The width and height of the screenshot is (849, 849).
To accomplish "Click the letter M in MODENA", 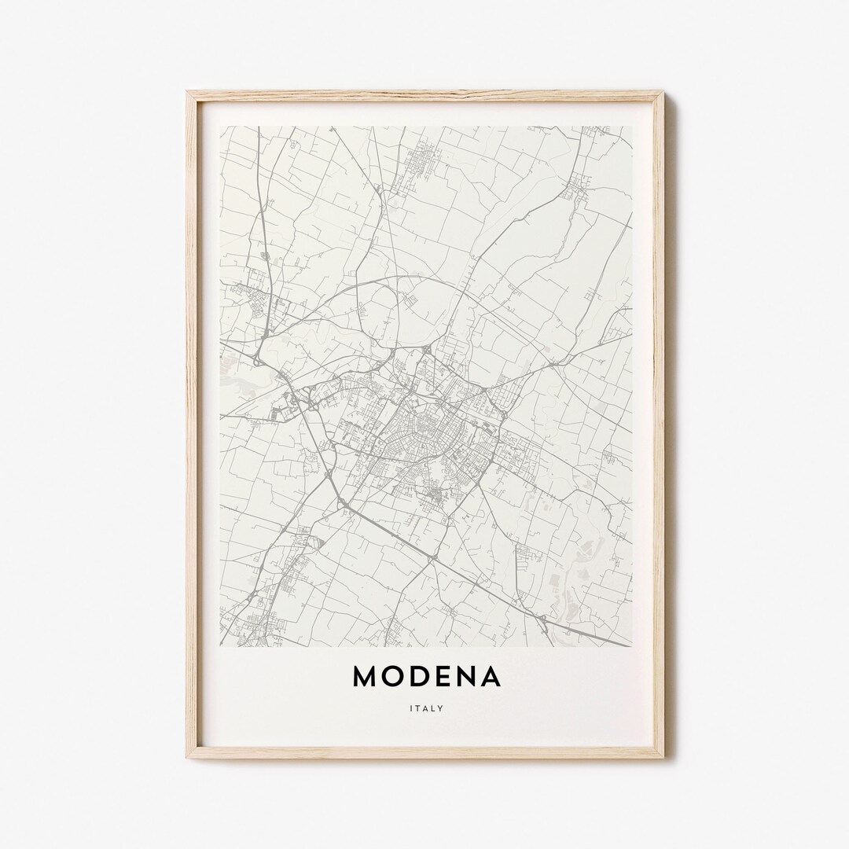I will coord(366,677).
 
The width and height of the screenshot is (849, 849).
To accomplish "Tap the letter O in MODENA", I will coord(395,677).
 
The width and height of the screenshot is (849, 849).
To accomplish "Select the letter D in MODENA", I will coord(423,677).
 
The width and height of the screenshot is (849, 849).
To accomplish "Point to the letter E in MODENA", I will coord(447,677).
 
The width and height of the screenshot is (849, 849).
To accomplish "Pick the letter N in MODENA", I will coord(469,677).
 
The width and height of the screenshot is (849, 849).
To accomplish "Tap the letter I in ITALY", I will coord(410,708).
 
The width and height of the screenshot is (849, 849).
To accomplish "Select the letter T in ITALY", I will coord(417,708).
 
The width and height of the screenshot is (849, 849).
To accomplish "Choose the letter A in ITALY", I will coord(425,708).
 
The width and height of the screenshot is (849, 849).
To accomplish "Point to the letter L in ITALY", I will coord(433,708).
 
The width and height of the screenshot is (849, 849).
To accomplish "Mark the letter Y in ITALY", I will coord(441,708).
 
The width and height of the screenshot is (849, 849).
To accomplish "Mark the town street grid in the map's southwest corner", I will coord(252,625).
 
